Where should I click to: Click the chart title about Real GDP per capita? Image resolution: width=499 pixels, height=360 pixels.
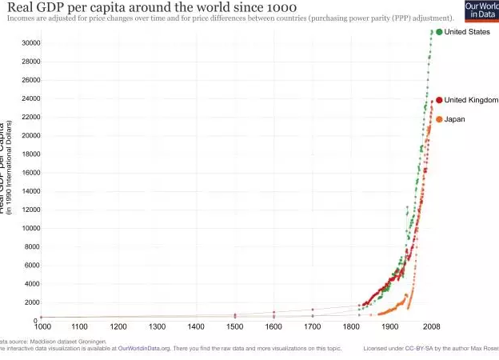(x=152, y=7)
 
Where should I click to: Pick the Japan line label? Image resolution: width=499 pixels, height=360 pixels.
(x=454, y=119)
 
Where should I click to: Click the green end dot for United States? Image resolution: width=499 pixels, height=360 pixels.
(x=439, y=32)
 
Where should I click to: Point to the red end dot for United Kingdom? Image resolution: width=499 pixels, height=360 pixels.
(x=438, y=100)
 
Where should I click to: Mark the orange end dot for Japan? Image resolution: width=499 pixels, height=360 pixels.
(x=438, y=119)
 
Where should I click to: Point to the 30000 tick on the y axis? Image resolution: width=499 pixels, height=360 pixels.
(x=30, y=43)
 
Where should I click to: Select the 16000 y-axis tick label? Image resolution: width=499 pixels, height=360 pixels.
(x=30, y=173)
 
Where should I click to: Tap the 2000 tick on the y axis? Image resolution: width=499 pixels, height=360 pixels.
(x=32, y=302)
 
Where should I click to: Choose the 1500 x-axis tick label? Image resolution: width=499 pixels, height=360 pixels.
(x=235, y=326)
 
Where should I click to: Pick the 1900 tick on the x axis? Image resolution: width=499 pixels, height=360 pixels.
(x=390, y=326)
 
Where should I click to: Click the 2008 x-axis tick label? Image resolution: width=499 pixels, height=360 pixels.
(x=432, y=326)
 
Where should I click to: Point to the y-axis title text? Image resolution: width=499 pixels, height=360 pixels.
(x=8, y=168)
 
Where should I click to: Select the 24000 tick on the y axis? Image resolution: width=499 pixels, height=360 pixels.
(x=30, y=99)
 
